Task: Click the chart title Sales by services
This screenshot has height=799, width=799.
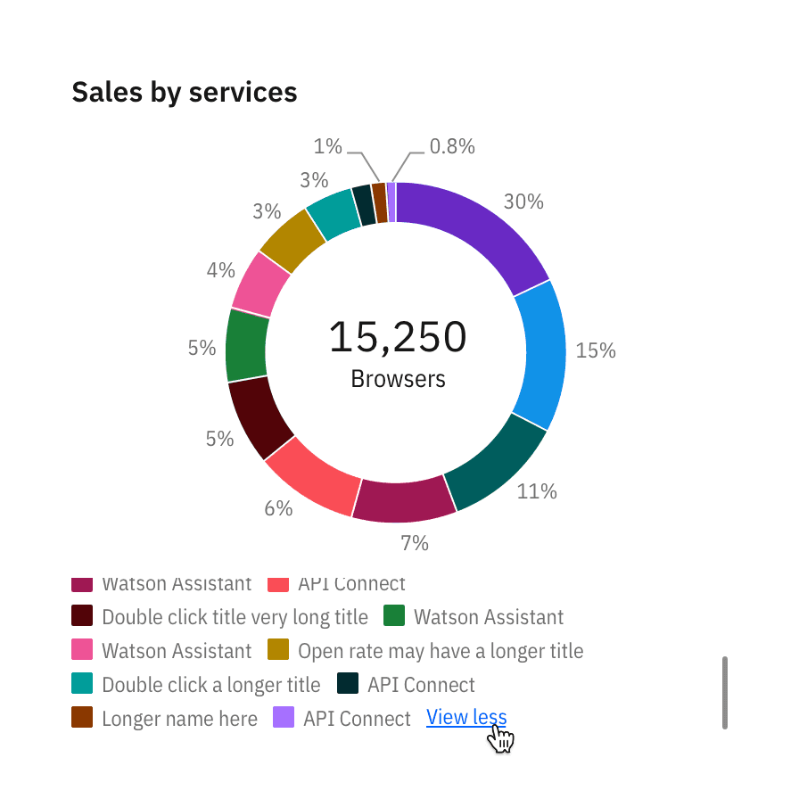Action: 184,92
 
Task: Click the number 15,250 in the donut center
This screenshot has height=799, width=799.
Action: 398,338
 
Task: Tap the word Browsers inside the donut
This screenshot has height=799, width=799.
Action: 398,379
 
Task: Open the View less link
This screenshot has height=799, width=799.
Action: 466,717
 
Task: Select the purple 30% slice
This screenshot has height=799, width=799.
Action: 477,232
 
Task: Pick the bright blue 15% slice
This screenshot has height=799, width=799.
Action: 540,352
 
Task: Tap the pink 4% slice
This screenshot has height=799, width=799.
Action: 259,284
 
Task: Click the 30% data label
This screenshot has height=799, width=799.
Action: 523,202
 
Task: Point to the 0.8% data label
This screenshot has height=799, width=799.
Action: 452,146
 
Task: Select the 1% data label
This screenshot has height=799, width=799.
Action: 328,146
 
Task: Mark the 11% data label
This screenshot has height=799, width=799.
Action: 537,490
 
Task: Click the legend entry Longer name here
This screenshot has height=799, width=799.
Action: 179,719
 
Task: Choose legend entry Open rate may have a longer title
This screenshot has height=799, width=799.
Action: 441,651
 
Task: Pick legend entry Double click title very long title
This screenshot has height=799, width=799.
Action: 235,617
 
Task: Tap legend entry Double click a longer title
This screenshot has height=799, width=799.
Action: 210,685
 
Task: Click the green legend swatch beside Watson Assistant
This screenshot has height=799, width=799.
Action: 394,616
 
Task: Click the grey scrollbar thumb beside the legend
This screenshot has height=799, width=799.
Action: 725,693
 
